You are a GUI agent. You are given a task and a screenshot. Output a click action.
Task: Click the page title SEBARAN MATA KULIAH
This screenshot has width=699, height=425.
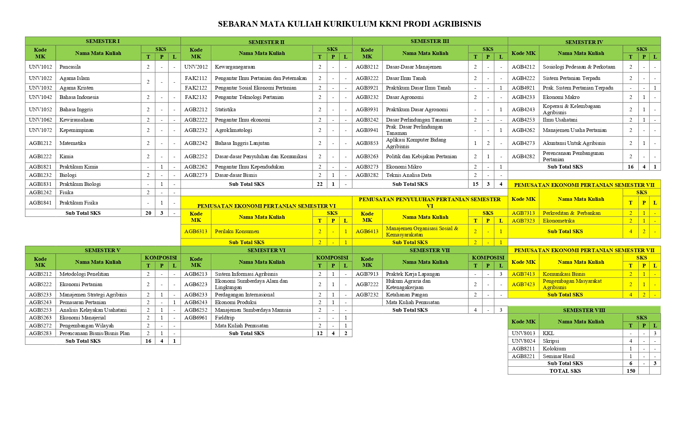[x=349, y=24]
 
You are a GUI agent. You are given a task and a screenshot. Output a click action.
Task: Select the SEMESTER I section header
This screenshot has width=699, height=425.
[x=103, y=41]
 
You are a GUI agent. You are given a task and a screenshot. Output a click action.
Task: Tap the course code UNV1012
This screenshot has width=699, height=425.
[x=40, y=67]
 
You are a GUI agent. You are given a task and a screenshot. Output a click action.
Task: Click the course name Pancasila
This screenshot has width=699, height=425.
[x=70, y=67]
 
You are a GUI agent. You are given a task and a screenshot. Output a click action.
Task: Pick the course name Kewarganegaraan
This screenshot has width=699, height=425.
[x=235, y=67]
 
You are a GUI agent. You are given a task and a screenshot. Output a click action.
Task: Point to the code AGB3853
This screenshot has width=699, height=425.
[x=367, y=143]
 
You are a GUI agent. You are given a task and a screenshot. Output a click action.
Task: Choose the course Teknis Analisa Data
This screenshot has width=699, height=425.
[x=408, y=175]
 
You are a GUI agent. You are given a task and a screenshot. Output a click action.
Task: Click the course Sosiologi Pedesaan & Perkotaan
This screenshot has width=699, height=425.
[x=579, y=67]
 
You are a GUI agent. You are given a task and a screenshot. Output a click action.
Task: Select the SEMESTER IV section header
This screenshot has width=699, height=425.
[x=584, y=42]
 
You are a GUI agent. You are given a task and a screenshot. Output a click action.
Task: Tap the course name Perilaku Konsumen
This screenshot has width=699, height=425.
[x=237, y=231]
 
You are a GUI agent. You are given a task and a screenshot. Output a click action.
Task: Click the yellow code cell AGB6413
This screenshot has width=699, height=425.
[x=367, y=231]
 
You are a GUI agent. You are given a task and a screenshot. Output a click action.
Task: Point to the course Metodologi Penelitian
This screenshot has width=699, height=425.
[x=84, y=274]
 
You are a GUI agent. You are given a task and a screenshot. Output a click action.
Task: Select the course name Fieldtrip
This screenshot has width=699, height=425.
[x=224, y=317]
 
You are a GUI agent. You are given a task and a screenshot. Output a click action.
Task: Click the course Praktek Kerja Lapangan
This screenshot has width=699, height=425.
[x=413, y=274]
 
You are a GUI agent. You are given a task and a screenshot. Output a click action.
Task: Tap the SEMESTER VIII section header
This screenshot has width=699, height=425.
[x=584, y=310]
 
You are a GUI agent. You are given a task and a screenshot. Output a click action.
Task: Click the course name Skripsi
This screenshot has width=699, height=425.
[x=551, y=341]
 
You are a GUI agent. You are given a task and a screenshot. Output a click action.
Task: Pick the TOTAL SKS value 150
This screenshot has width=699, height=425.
[x=630, y=371]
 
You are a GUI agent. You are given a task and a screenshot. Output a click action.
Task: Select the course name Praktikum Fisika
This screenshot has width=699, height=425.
[x=78, y=203]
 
